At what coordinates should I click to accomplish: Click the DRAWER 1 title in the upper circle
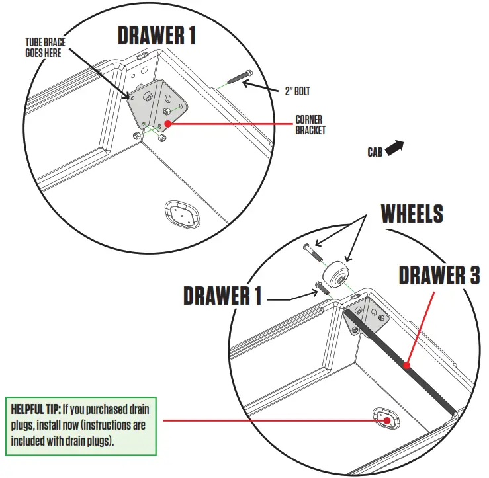click(x=156, y=35)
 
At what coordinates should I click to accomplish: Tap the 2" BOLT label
click(x=298, y=91)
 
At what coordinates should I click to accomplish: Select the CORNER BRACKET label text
click(x=310, y=125)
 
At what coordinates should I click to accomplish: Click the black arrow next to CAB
click(x=394, y=147)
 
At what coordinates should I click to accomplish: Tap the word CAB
click(x=375, y=152)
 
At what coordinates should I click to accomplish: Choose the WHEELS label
click(x=411, y=213)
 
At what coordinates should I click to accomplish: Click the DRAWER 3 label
click(x=439, y=275)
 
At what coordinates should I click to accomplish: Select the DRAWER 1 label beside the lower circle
click(x=222, y=296)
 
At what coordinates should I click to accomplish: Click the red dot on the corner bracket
click(x=169, y=122)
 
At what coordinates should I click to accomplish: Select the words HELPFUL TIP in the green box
click(x=36, y=409)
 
